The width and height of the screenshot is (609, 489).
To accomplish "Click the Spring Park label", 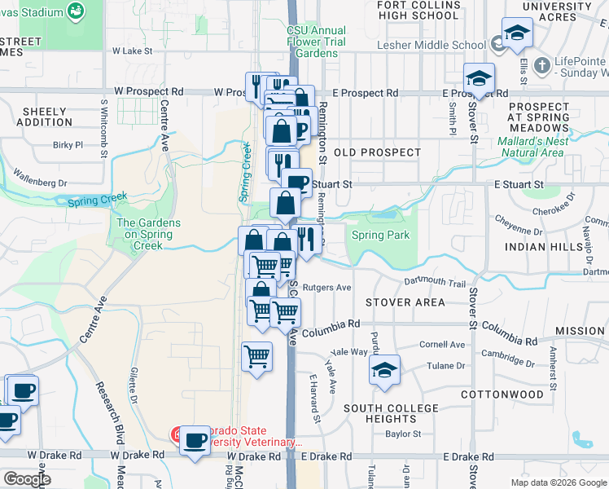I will pos(380,236).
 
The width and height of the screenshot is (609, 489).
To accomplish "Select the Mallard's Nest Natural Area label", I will pos(530,147).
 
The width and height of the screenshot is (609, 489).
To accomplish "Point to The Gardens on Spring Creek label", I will pos(145,234).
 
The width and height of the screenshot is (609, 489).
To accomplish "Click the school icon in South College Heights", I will pos(384,370).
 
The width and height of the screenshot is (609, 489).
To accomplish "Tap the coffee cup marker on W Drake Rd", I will pos(195,441).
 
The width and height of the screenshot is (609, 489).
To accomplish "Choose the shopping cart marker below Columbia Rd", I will pos(257,356).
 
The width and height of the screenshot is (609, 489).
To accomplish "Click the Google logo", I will pos(26,479).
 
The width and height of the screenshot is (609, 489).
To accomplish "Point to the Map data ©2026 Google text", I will pos(558,482).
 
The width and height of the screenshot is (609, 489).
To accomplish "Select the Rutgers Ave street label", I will pos(326,288).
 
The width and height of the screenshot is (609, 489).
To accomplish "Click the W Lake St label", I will pos(132,51).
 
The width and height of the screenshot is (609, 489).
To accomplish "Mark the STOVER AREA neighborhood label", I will pos(405,302).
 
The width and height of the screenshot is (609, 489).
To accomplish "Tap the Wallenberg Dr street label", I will pos(39,178).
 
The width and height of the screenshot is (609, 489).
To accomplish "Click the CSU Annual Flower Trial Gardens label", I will pos(316,42).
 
